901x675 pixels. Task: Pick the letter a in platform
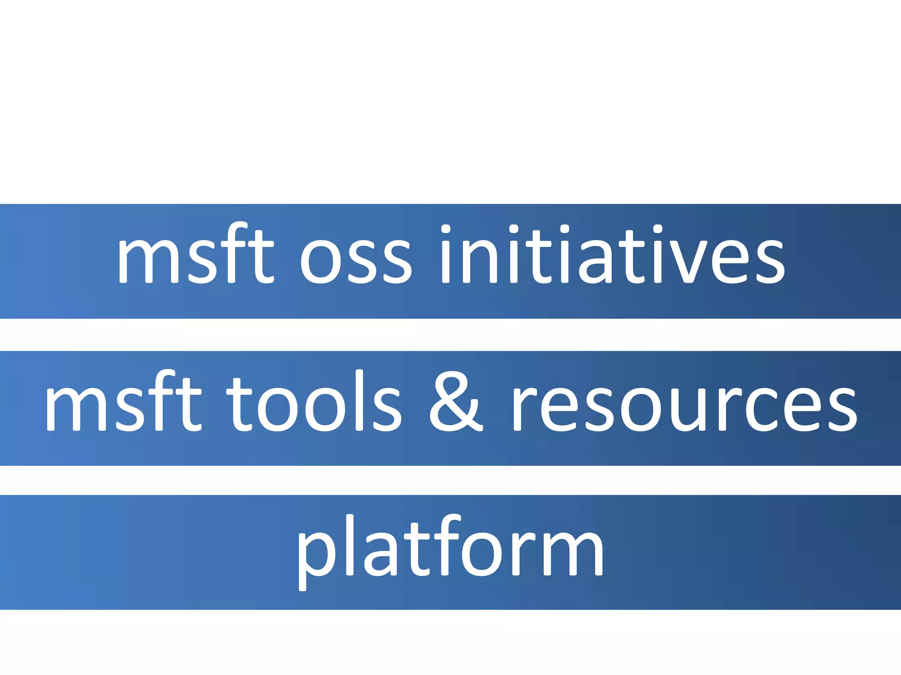(382, 554)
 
